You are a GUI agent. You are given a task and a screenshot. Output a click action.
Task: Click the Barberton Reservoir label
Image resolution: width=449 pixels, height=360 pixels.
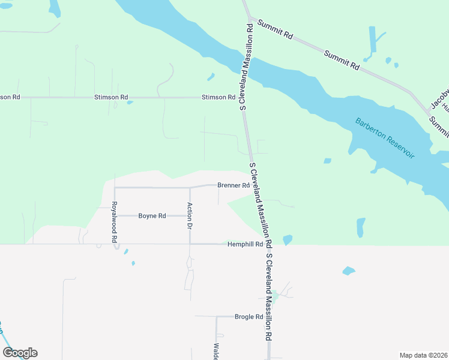(385, 137)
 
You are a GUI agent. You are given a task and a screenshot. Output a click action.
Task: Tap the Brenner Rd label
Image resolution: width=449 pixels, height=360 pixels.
(234, 185)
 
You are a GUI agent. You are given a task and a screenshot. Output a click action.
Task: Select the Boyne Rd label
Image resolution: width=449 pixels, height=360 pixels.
(152, 215)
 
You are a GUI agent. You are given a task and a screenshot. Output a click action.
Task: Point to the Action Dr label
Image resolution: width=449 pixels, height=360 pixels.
(190, 217)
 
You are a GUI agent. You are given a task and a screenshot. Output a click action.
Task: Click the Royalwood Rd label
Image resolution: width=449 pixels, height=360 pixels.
(114, 222)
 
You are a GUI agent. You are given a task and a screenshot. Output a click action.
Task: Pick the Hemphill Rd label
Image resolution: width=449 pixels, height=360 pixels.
(245, 244)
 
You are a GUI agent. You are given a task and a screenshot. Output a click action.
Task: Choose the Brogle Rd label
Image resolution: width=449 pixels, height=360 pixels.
(249, 316)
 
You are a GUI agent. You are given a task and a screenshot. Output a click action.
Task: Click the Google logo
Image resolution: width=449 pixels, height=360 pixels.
(20, 353)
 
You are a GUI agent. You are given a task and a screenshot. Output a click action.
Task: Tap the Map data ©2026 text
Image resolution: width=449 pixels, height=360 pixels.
(423, 355)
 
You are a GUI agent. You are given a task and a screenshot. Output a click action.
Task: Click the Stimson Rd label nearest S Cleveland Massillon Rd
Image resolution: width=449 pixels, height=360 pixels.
(218, 97)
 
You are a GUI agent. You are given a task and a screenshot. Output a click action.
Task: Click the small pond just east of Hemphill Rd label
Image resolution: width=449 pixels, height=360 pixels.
(288, 240)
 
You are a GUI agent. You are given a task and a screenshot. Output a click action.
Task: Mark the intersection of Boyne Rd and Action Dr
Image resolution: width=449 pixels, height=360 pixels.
(190, 215)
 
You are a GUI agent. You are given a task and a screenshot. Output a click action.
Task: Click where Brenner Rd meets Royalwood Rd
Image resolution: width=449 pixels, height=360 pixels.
(114, 187)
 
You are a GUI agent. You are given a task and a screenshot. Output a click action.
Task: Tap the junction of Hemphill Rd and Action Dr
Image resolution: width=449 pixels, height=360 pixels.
(190, 244)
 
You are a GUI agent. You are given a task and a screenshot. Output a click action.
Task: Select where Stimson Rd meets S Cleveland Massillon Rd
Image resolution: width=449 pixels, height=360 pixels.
(243, 97)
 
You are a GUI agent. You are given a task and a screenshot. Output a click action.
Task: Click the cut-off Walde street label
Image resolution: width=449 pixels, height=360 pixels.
(215, 351)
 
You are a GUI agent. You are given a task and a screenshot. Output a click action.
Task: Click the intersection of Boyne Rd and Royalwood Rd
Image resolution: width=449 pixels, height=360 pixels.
(114, 215)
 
